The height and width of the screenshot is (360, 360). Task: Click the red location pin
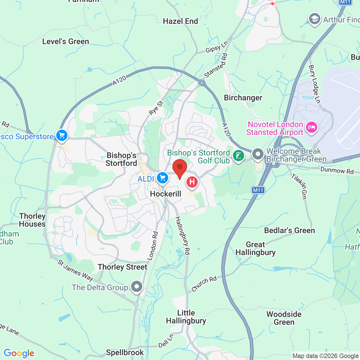179,168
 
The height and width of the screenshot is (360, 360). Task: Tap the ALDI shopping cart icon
163,178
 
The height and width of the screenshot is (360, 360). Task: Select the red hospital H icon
192,182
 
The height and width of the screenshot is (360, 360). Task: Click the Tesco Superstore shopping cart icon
62,136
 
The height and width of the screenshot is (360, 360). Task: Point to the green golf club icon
238,156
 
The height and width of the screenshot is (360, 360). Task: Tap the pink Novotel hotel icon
311,127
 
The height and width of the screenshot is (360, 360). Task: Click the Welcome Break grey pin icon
258,154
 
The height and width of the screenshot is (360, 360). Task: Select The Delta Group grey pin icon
137,287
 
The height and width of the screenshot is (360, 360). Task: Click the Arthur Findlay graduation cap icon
314,19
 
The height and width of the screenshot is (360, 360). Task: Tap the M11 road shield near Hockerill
258,190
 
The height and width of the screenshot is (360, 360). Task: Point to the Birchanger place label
243,98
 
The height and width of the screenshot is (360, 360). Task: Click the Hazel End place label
181,21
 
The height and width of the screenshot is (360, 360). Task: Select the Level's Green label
66,42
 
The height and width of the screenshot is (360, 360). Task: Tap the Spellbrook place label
125,352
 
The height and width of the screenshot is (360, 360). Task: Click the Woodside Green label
284,318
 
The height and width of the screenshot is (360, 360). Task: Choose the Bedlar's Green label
289,231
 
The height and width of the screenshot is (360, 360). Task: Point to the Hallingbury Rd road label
183,236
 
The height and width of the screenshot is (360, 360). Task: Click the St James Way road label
75,271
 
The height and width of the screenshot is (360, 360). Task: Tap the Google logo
19,353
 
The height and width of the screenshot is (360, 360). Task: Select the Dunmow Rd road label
337,170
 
